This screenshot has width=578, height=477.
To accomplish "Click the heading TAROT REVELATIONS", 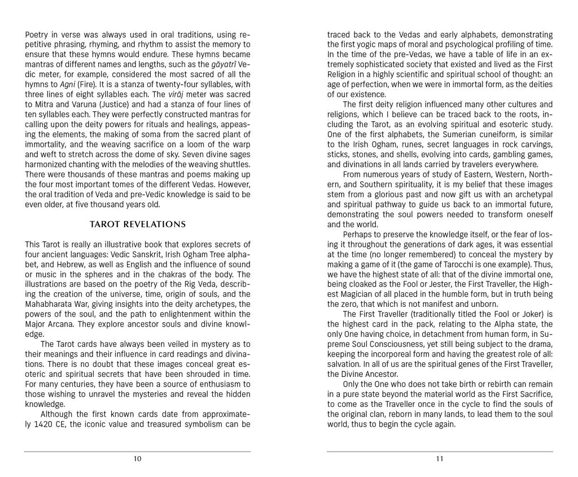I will click(x=138, y=224).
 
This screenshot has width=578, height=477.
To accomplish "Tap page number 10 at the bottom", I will click(x=138, y=459).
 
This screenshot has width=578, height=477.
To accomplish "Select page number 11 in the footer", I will click(x=440, y=459).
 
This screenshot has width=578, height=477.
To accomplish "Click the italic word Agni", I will click(x=68, y=84).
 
